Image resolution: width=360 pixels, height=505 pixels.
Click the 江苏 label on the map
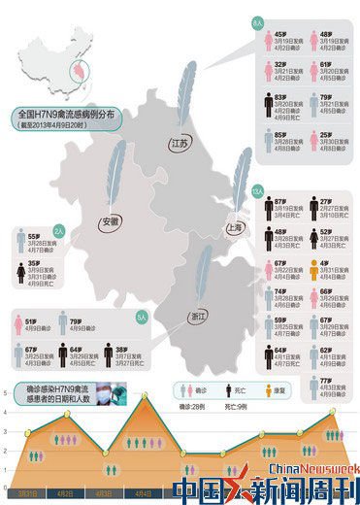click(179, 144)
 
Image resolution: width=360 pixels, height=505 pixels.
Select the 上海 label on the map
click(234, 227)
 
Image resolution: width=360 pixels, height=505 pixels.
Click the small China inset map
click(49, 49)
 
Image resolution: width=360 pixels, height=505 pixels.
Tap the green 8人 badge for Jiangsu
click(256, 18)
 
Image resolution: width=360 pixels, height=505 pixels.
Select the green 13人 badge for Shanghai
click(257, 190)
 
